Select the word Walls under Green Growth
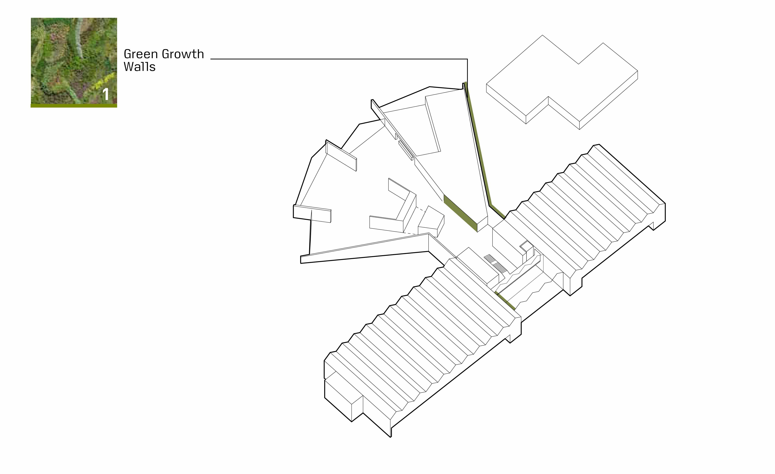(140, 67)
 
